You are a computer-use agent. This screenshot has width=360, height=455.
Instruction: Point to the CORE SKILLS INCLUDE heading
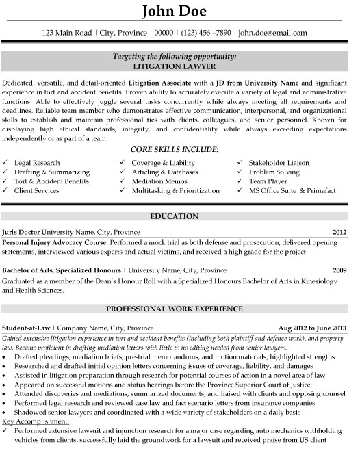[x=180, y=148]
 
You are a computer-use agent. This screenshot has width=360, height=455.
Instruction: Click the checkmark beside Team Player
[x=240, y=181]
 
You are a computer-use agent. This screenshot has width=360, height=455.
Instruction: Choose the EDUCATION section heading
[x=180, y=217]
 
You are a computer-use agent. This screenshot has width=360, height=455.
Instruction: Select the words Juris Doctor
[x=21, y=232]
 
